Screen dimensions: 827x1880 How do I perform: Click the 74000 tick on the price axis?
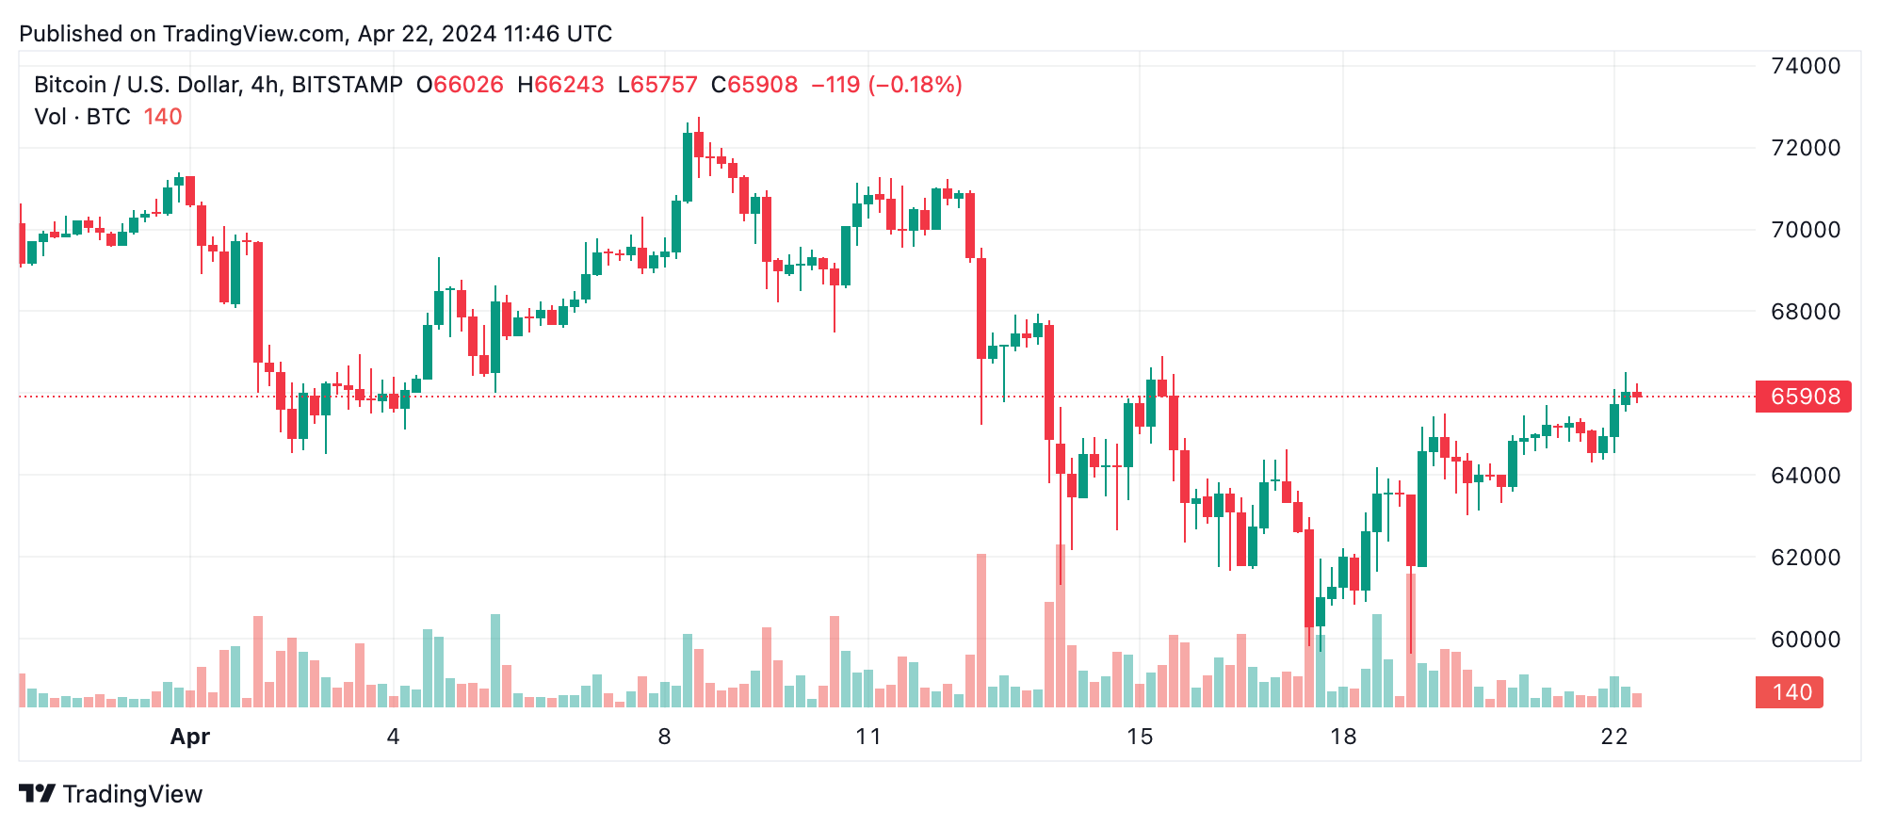(1805, 66)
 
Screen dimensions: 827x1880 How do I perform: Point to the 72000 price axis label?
(1805, 148)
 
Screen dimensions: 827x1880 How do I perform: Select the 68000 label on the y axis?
(1805, 312)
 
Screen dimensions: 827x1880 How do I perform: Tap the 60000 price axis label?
(1805, 640)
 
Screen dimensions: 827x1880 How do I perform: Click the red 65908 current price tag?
(1804, 397)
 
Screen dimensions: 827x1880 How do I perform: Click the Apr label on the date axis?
(189, 737)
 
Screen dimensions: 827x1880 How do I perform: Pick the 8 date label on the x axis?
(664, 737)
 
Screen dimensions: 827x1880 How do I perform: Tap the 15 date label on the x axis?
(1140, 737)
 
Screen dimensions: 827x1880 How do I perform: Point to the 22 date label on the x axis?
(1613, 737)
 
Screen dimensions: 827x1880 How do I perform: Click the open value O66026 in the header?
(460, 85)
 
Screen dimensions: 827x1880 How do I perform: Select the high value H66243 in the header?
(560, 85)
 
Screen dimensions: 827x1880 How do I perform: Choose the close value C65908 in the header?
(754, 85)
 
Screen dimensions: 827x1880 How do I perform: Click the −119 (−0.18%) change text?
(886, 85)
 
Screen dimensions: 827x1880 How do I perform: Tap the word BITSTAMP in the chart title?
(347, 85)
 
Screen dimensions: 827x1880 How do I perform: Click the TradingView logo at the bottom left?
(111, 794)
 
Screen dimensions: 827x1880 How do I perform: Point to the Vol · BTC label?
(82, 117)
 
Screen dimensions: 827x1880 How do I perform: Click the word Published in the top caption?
(72, 34)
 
